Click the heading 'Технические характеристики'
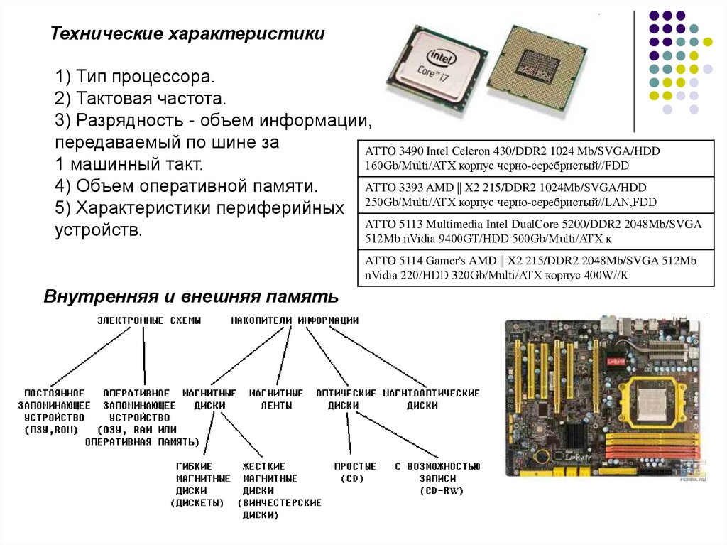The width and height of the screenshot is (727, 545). [x=187, y=34]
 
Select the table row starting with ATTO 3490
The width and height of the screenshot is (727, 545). [x=535, y=158]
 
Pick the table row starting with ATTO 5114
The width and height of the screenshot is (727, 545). [x=535, y=267]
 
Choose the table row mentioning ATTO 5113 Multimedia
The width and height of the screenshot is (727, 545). [x=535, y=231]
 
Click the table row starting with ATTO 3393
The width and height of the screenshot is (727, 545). [x=535, y=195]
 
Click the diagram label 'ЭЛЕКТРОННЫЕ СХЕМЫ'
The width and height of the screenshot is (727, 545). [x=149, y=320]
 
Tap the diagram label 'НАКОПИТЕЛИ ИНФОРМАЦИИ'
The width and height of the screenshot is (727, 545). [x=295, y=320]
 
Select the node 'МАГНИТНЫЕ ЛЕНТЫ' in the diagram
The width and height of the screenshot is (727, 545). [x=276, y=399]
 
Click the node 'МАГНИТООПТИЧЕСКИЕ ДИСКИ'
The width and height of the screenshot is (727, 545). [x=432, y=399]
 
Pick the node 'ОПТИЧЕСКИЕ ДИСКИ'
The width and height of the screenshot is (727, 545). [x=346, y=399]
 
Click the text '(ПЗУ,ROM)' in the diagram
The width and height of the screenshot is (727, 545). [x=55, y=430]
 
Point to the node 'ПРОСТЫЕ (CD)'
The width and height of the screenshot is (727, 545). [x=354, y=472]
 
